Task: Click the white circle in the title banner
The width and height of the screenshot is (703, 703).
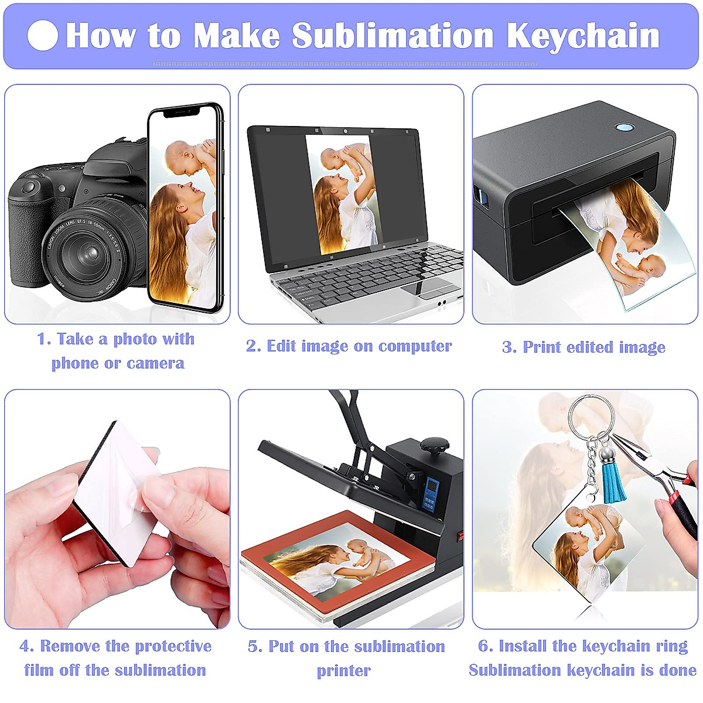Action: (43, 36)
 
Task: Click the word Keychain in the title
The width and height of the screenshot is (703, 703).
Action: (583, 36)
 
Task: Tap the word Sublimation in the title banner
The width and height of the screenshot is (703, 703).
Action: (393, 36)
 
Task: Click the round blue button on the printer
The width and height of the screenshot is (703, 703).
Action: (626, 127)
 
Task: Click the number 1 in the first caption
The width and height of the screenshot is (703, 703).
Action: (42, 339)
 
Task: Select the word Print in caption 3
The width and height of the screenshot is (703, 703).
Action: (539, 347)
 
